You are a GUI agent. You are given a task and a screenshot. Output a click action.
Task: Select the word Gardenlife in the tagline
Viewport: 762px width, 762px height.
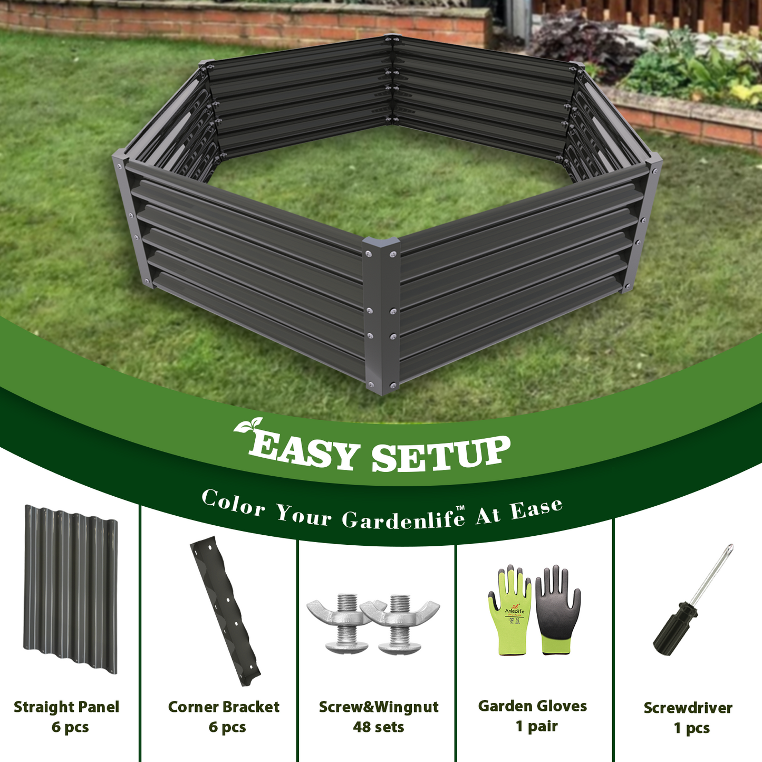click(x=403, y=518)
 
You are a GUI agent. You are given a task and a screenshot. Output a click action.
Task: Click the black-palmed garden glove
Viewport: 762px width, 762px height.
click(x=557, y=609)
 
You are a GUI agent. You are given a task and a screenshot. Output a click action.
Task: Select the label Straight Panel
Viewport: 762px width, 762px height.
click(x=66, y=707)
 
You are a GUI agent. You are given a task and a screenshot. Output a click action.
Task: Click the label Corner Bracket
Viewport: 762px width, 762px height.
click(x=224, y=707)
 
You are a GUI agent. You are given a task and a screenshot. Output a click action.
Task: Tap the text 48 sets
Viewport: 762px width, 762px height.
click(x=378, y=727)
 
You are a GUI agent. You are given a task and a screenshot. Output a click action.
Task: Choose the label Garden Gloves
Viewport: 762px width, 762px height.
click(x=532, y=706)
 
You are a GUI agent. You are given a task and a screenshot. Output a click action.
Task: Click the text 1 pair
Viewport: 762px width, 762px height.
click(x=536, y=726)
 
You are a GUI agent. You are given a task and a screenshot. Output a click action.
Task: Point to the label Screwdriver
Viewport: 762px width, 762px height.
click(x=688, y=708)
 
